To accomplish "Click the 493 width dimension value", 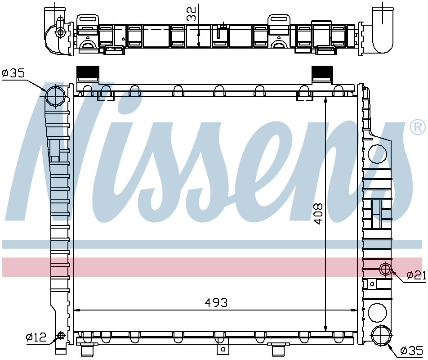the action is pos(216,303).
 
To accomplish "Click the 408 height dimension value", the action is pos(318,214).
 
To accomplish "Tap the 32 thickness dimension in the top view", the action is pos(192,14).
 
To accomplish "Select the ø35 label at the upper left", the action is pos(13,73).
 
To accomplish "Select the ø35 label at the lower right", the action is pos(412,351).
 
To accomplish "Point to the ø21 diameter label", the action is pos(416,275).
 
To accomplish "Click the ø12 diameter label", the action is pos(36,337).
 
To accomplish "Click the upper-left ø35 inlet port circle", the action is pos(55,96).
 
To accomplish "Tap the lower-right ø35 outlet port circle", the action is pos(382,335).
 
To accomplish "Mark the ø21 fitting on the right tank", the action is pos(385,269).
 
